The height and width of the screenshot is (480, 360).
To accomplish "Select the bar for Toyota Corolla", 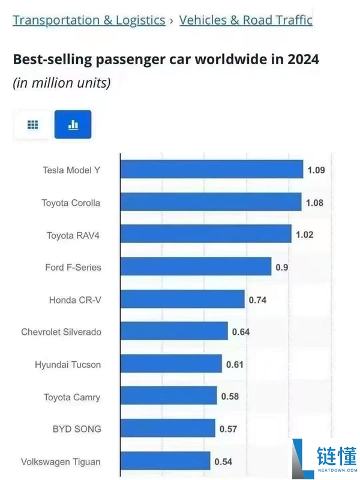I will click(x=211, y=202).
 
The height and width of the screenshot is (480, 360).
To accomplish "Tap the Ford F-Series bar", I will click(x=196, y=267).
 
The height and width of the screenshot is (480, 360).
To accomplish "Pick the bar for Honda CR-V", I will click(x=182, y=299).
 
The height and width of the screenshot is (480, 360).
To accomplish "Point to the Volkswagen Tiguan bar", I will click(x=165, y=461).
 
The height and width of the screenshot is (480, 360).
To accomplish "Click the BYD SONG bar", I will click(x=167, y=428).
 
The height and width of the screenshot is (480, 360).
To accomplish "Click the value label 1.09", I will click(x=316, y=170).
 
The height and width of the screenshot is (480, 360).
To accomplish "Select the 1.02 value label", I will click(x=304, y=235).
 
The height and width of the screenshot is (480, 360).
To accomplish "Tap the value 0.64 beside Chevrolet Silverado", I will click(x=241, y=332).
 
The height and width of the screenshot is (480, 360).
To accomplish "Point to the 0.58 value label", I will click(x=230, y=397).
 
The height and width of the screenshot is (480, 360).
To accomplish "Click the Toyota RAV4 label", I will click(x=73, y=235).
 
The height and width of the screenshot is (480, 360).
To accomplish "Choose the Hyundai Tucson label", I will click(x=68, y=364).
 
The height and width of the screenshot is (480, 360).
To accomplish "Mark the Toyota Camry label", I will click(x=72, y=397).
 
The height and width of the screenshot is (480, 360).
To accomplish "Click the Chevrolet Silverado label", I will click(x=61, y=332).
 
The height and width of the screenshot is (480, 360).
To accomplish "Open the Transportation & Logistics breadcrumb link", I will click(x=89, y=20).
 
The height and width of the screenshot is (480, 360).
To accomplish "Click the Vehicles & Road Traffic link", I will click(x=245, y=20).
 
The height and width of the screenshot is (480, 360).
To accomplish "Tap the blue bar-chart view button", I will click(x=73, y=125).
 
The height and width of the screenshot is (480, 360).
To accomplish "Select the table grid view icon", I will click(x=33, y=125).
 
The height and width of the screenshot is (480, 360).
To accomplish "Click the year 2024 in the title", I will click(x=302, y=59).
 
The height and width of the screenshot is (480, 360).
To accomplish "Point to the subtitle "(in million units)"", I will click(x=62, y=83).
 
